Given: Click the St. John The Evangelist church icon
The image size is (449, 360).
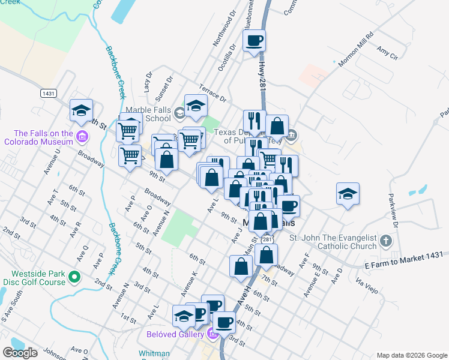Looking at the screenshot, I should tap(385, 241).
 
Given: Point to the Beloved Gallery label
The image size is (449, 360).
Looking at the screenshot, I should tap(174, 333).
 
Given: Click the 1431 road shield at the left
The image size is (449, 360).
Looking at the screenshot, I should tap(50, 94).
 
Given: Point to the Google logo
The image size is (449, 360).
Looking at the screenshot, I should tap(20, 353).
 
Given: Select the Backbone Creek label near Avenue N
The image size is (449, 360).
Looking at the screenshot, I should tap(115, 244).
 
